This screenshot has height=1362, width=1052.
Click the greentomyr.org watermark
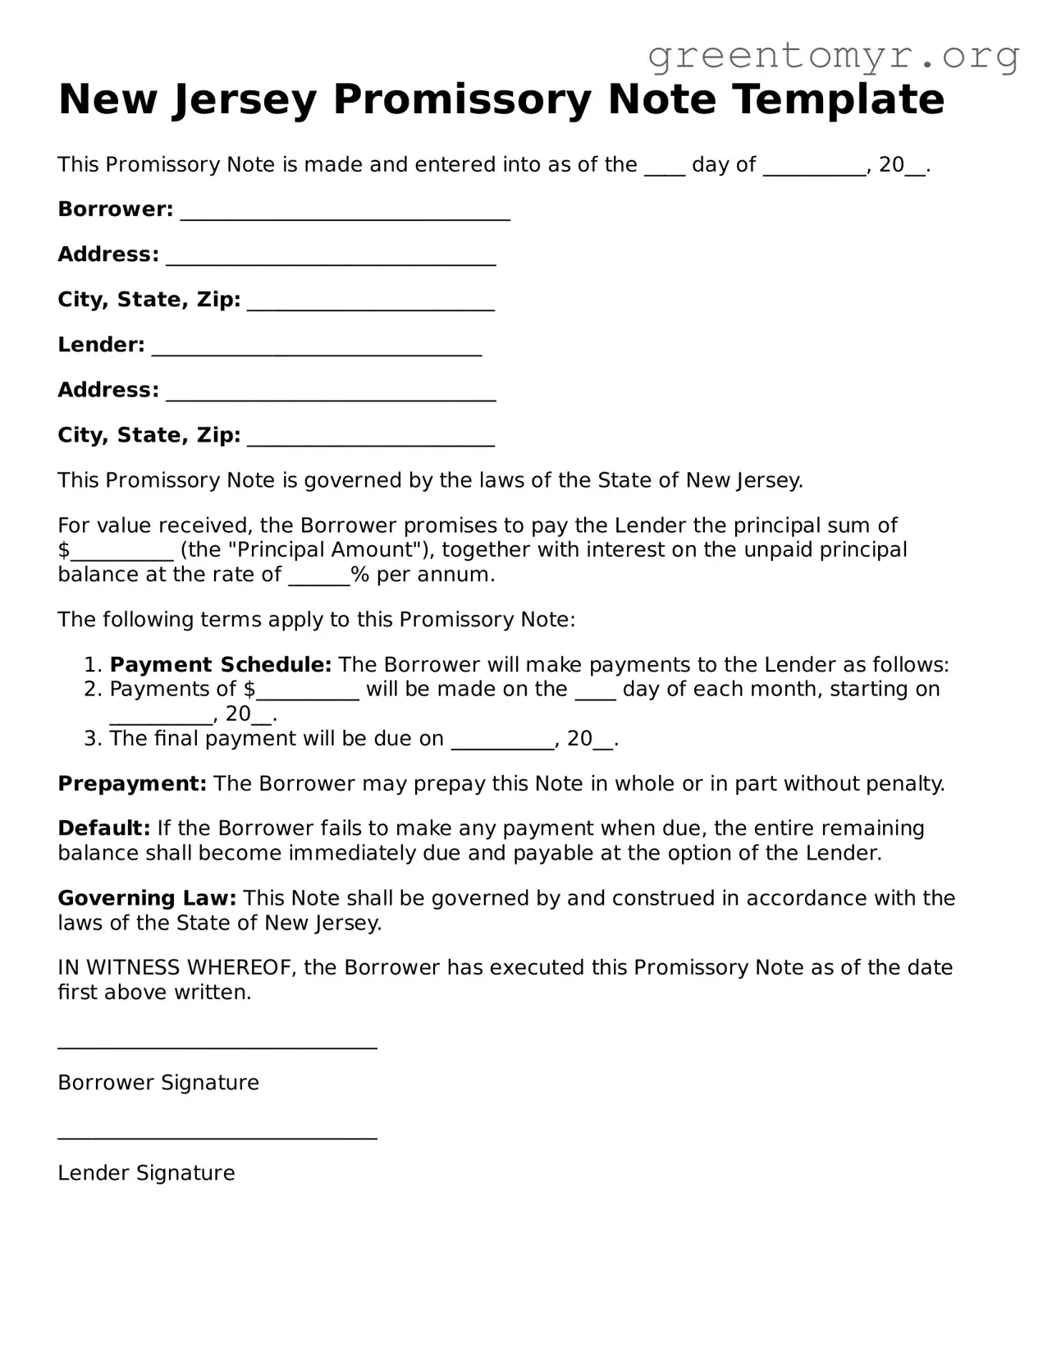click(x=834, y=56)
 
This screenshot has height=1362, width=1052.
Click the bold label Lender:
click(x=101, y=345)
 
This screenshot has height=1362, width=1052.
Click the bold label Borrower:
click(x=115, y=209)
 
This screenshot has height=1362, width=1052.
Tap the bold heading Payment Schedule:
click(x=220, y=664)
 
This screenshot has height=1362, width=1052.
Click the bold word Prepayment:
click(x=131, y=783)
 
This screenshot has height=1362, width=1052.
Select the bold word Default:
click(x=103, y=828)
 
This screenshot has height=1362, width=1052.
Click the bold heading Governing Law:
click(x=147, y=898)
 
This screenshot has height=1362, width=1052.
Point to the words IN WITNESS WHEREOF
click(x=176, y=968)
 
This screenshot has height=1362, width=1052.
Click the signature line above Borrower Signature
click(x=217, y=1047)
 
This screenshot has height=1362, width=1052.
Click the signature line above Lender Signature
click(x=217, y=1137)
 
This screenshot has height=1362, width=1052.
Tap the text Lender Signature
click(x=146, y=1173)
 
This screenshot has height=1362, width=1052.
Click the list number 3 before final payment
click(x=93, y=738)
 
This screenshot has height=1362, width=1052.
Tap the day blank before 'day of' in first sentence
click(x=664, y=169)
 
